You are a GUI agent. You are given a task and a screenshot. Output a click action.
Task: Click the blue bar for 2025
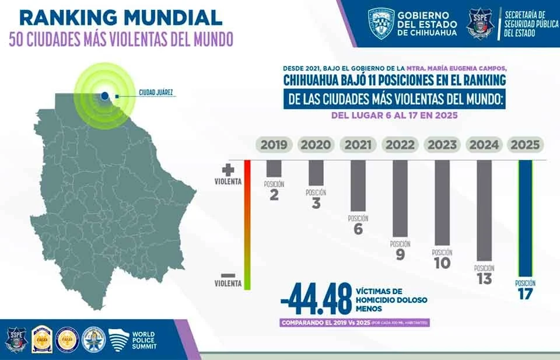point(526,219)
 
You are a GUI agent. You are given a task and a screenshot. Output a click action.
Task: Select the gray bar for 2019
point(274,169)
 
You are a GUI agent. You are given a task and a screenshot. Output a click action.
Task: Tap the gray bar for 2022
point(400,198)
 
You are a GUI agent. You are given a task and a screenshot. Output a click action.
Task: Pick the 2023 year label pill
point(442,145)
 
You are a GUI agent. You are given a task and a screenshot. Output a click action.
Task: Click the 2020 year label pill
point(316,145)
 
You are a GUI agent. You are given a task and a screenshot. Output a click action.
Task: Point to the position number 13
point(484,279)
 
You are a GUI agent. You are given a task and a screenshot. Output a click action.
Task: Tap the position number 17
point(525,293)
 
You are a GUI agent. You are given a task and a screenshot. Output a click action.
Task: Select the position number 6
point(358,229)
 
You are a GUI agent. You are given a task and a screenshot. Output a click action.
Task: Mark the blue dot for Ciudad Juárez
point(104,96)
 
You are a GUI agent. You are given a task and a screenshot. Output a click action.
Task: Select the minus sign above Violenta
point(228,275)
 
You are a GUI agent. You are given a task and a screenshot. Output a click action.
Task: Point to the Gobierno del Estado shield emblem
point(381,23)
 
